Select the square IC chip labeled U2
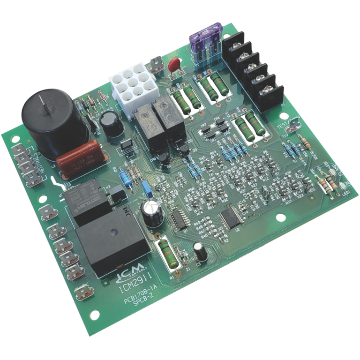[229, 219]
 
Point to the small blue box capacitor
[146, 188]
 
